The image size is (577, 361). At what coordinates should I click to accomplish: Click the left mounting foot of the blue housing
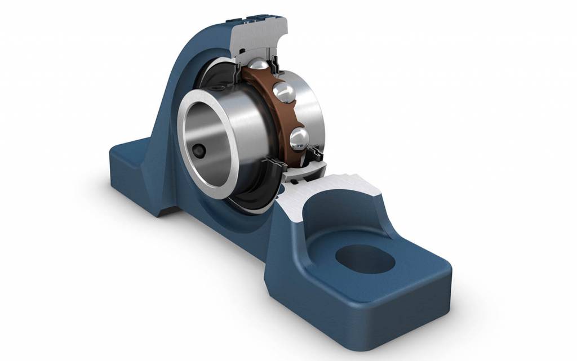[x=135, y=169]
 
